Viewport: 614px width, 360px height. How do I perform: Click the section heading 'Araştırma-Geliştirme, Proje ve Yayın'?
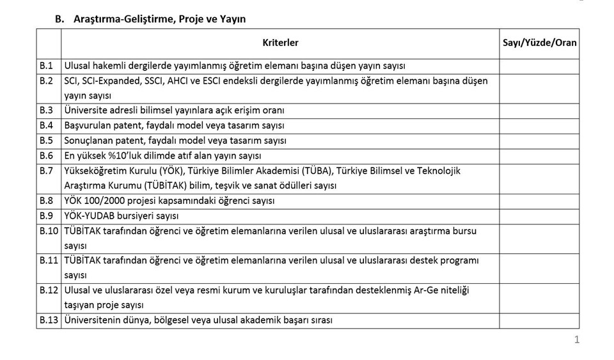[x=159, y=19]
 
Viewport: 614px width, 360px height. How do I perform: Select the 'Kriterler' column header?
[x=280, y=43]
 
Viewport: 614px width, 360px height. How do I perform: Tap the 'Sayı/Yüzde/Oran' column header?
[x=539, y=43]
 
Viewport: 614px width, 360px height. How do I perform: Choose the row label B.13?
[x=49, y=320]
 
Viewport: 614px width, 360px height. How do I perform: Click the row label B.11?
[x=49, y=260]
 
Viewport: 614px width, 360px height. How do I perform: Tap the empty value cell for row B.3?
[x=539, y=110]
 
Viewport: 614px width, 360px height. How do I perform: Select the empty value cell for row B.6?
[x=539, y=155]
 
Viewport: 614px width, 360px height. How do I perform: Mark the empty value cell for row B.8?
[x=539, y=200]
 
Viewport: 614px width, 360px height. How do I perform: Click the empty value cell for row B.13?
[x=539, y=320]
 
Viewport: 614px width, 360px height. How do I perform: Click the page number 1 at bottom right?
[x=576, y=340]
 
